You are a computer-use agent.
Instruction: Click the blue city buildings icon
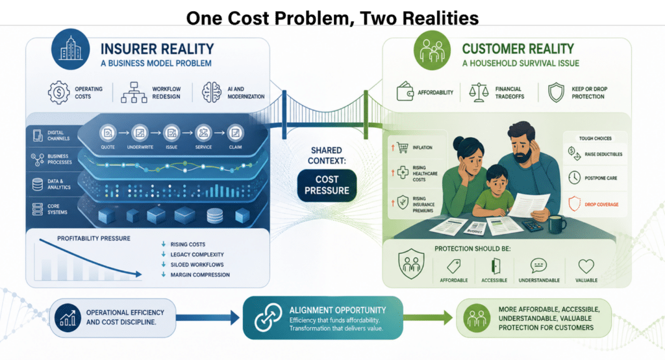pos(70,48)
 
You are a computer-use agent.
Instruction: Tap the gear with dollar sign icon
pos(58,92)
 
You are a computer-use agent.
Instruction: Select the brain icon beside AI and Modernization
pos(212,92)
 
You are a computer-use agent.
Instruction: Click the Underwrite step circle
pos(140,133)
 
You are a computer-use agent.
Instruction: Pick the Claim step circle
pos(235,133)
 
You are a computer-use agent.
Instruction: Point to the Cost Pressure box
pos(327,185)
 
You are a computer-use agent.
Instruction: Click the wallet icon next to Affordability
pos(405,91)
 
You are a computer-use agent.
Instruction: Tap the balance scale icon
pos(479,92)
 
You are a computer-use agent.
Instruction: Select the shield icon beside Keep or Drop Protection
pos(556,92)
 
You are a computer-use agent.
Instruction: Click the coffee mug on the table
pos(557,224)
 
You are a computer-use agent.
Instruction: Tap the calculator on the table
pos(533,225)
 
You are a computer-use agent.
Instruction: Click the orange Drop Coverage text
pos(601,205)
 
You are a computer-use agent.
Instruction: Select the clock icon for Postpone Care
pos(574,177)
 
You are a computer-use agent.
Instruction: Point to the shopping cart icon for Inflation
pos(403,148)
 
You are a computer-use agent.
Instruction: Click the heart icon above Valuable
pos(586,266)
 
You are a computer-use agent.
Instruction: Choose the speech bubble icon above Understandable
pos(538,266)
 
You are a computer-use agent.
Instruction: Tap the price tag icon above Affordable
pos(454,266)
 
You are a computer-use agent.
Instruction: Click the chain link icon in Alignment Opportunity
pos(268,317)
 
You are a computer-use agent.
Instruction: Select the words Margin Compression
pos(200,275)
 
